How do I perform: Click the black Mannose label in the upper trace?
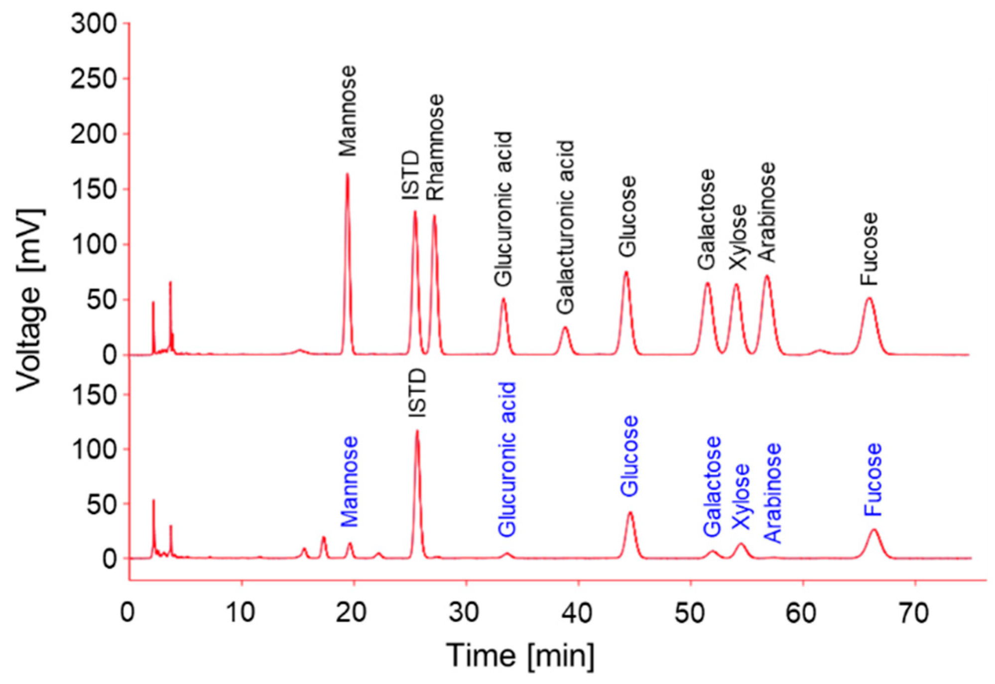pos(348,111)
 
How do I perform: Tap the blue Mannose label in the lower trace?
pos(350,481)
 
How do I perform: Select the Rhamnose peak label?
pos(435,147)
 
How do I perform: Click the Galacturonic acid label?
pos(565,227)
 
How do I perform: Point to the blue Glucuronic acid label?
pos(507,459)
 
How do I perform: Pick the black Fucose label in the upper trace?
pos(870,249)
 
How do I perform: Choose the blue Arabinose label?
pos(772,493)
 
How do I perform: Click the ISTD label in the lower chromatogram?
pos(417,393)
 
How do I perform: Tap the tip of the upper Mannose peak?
pos(347,174)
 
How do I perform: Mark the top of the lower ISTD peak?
pos(417,431)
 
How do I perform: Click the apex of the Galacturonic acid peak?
pos(565,328)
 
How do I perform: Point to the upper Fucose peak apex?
pos(870,298)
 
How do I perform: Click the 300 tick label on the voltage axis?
pos(94,23)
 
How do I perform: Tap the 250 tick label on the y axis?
pos(94,79)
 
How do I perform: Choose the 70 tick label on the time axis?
pos(914,613)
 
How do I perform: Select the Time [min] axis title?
pos(520,655)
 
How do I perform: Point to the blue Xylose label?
pos(741,496)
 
